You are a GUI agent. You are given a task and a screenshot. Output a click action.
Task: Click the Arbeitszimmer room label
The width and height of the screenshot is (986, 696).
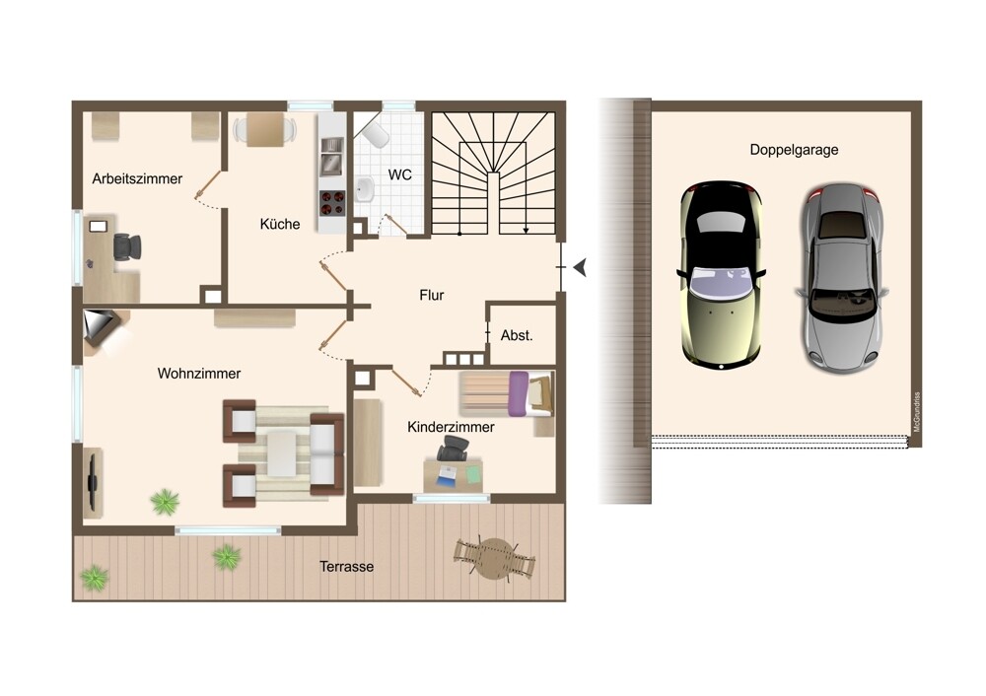coord(137,178)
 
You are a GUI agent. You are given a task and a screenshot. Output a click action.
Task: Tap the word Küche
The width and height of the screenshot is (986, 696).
coord(280,224)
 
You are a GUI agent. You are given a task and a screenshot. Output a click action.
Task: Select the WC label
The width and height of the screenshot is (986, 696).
coord(400,174)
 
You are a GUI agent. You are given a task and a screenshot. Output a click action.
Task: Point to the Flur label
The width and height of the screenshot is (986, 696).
coord(432,295)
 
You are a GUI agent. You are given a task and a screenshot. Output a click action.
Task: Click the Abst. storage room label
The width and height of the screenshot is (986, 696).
coord(517,336)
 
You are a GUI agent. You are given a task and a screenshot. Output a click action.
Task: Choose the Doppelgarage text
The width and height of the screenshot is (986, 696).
coord(794,150)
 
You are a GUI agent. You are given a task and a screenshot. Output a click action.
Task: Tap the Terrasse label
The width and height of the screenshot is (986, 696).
coord(346,567)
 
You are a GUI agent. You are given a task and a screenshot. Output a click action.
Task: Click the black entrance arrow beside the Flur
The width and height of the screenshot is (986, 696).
coord(580,267)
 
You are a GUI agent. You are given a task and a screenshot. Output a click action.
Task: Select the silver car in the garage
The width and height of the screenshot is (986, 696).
coord(841,279)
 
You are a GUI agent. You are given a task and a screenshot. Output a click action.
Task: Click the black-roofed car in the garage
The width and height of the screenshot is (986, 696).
coord(722,275)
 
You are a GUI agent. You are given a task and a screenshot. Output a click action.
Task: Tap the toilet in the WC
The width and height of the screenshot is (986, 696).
coord(375,133)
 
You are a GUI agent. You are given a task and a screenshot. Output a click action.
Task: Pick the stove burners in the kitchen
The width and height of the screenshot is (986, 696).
coord(332,203)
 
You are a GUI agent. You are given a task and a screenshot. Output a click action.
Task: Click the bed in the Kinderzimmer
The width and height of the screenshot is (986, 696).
coord(507,394)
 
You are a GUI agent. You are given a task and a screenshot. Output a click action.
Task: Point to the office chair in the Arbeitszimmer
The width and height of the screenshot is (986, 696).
coord(127,246)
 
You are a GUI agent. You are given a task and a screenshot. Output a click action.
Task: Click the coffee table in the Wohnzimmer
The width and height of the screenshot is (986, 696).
coord(282,453)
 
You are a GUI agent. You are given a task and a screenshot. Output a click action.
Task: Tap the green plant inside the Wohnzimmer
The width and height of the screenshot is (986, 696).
coord(165,502)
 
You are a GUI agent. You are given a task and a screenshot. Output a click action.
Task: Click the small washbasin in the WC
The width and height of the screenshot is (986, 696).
coord(364,188)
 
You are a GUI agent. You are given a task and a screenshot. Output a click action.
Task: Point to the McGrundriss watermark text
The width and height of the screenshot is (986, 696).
coord(916,412)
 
